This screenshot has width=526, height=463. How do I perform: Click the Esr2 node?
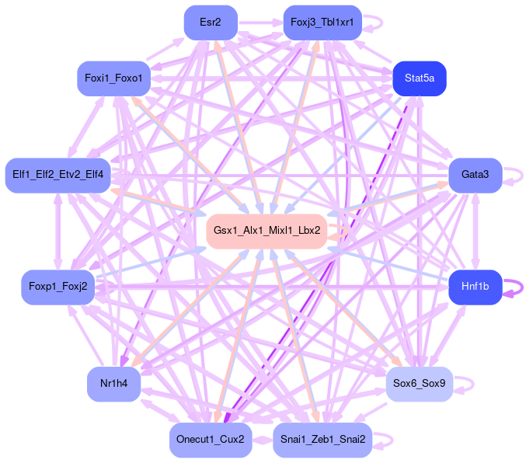210,23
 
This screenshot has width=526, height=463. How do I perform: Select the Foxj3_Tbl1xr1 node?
322,23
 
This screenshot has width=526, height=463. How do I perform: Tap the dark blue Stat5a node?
419,78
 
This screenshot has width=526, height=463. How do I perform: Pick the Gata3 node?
475,175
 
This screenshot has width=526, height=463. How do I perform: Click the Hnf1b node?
475,287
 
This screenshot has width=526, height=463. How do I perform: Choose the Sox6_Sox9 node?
419,383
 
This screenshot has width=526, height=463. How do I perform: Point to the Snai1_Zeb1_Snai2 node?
322,440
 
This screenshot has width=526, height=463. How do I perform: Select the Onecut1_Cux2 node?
210,440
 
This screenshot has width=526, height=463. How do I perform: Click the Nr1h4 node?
113,383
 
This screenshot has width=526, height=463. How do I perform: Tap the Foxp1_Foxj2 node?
57,287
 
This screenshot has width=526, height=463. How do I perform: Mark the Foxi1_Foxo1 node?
113,78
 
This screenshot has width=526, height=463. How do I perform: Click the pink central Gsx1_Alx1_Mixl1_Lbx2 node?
266,231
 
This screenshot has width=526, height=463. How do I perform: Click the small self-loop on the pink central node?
340,231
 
